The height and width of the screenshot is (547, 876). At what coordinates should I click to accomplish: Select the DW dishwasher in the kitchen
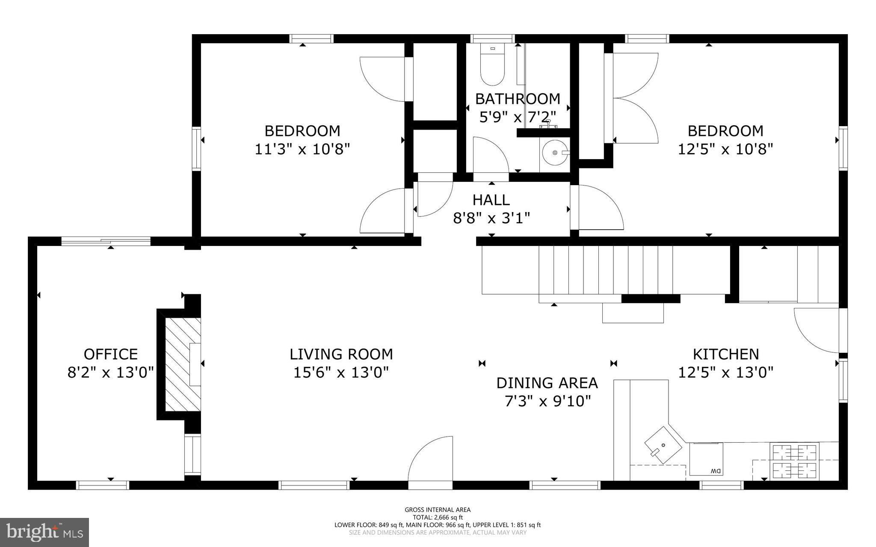[706, 459]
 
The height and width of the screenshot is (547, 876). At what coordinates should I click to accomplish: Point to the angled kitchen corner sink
[663, 445]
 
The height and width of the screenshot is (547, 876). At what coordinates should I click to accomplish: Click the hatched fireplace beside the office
[183, 364]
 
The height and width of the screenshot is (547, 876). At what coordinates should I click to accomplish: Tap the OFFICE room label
[111, 354]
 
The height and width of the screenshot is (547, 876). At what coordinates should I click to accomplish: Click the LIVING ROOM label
[341, 354]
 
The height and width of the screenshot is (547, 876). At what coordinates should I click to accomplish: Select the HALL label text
[491, 200]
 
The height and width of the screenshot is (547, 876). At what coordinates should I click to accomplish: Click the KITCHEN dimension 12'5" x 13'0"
[726, 373]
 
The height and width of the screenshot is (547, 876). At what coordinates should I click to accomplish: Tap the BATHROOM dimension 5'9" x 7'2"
[518, 117]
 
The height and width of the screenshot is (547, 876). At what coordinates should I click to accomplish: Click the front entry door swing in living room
[430, 458]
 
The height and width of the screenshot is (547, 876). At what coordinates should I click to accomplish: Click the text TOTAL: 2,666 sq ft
[438, 517]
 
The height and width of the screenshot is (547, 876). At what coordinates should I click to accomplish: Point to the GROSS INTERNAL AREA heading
[438, 509]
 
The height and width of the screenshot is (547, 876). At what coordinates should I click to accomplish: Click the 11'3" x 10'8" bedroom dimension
[302, 149]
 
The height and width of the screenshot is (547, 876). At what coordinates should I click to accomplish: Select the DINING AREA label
[547, 383]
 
